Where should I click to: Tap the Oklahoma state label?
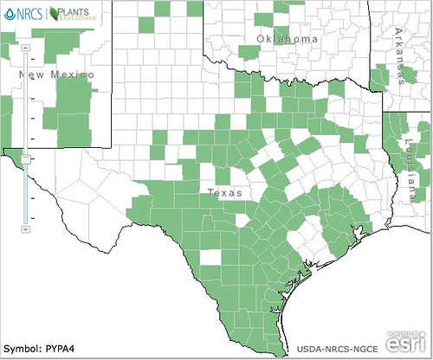pyautogui.click(x=286, y=40)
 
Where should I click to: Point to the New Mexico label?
pyautogui.click(x=55, y=76)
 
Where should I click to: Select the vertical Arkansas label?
pyautogui.click(x=398, y=54)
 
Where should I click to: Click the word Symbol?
pyautogui.click(x=23, y=349)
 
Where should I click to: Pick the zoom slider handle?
pyautogui.click(x=27, y=158)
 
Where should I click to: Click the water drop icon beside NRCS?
pyautogui.click(x=9, y=14)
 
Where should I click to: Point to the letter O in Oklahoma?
pyautogui.click(x=260, y=40)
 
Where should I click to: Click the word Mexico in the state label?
pyautogui.click(x=68, y=76)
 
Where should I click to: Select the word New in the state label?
pyautogui.click(x=30, y=76)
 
